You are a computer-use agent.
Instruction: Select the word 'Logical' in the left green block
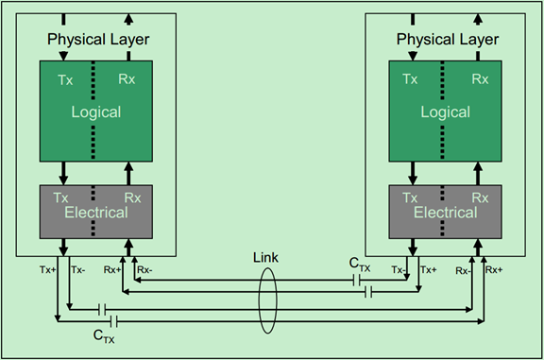tap(97, 111)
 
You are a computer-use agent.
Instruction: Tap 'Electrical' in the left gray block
tap(96, 213)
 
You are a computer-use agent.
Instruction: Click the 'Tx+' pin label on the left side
tap(47, 269)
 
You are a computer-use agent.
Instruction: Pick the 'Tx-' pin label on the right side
tap(399, 269)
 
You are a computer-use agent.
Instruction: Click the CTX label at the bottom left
tap(104, 334)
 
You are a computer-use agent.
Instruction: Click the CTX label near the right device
tap(359, 265)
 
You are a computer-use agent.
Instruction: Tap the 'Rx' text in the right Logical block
tap(480, 80)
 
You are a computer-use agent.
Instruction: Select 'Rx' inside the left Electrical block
tap(132, 197)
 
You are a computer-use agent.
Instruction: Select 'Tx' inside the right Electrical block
tap(410, 197)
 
